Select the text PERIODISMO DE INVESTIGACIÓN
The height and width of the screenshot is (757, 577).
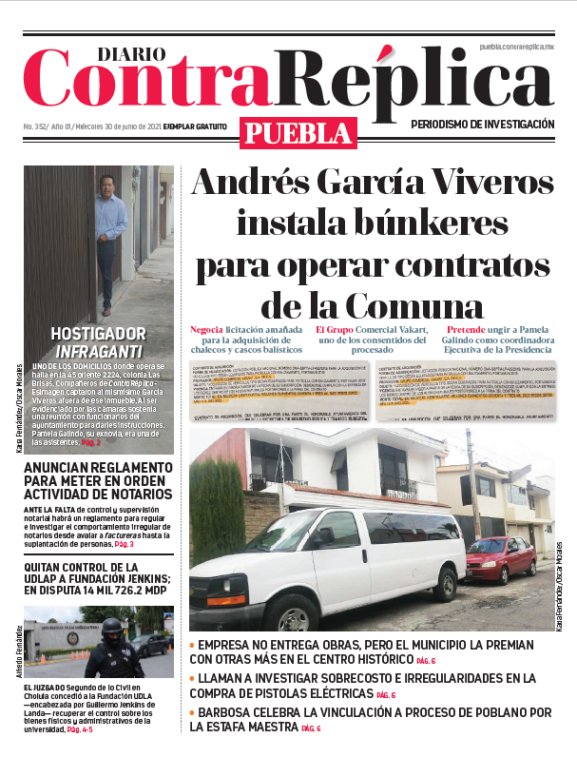482,125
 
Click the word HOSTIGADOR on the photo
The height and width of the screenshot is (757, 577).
97,334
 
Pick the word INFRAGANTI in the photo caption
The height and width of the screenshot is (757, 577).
97,351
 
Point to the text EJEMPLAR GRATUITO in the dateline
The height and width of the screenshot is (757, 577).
195,126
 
